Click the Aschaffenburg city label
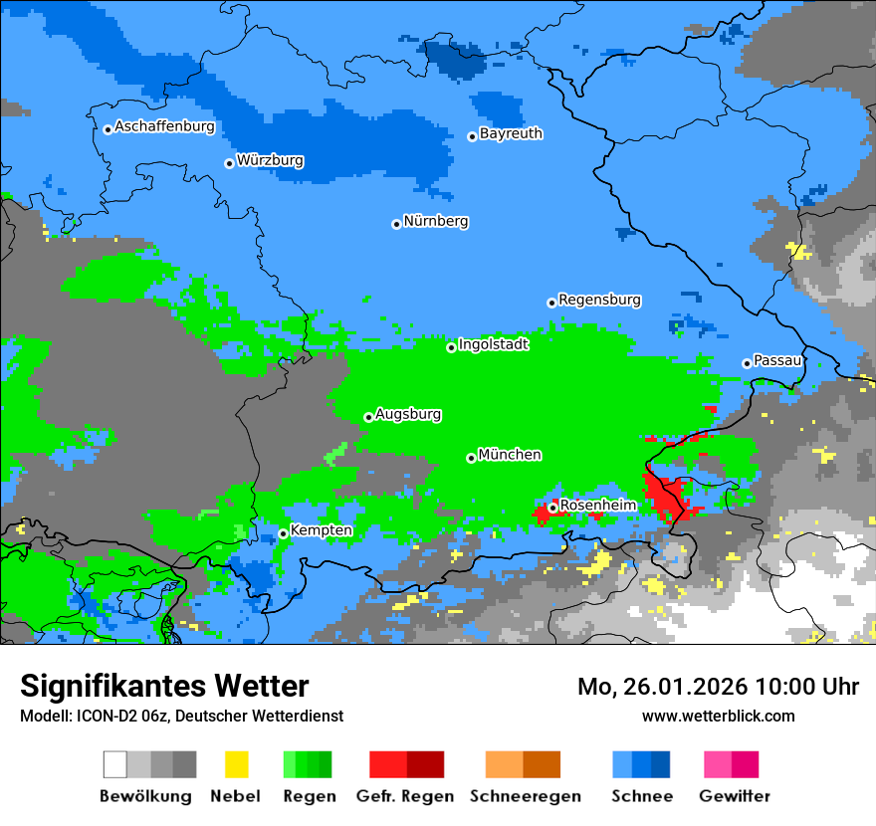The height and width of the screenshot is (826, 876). tap(164, 127)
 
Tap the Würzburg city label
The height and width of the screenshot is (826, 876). tap(270, 160)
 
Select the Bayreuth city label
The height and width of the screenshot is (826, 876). tap(511, 133)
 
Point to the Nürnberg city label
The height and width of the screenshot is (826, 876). tap(436, 222)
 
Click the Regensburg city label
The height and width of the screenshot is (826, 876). tap(599, 300)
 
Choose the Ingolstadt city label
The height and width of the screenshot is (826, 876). tap(493, 344)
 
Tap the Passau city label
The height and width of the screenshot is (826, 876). tap(777, 360)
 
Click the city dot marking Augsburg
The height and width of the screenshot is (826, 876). tap(368, 417)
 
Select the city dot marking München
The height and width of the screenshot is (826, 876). tap(471, 458)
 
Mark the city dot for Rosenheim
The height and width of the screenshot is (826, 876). tap(552, 508)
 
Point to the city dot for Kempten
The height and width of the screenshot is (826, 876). tap(283, 533)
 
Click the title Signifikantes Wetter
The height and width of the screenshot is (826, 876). tap(164, 686)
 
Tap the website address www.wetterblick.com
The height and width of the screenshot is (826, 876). tap(718, 716)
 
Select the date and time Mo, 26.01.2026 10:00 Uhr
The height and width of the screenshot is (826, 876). tap(718, 687)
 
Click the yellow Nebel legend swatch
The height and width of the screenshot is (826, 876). tap(236, 764)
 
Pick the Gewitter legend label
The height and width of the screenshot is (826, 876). tap(735, 796)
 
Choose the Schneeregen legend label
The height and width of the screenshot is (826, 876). tap(526, 796)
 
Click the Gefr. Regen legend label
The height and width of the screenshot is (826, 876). tap(404, 796)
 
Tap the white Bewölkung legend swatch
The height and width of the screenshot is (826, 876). tap(115, 764)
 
